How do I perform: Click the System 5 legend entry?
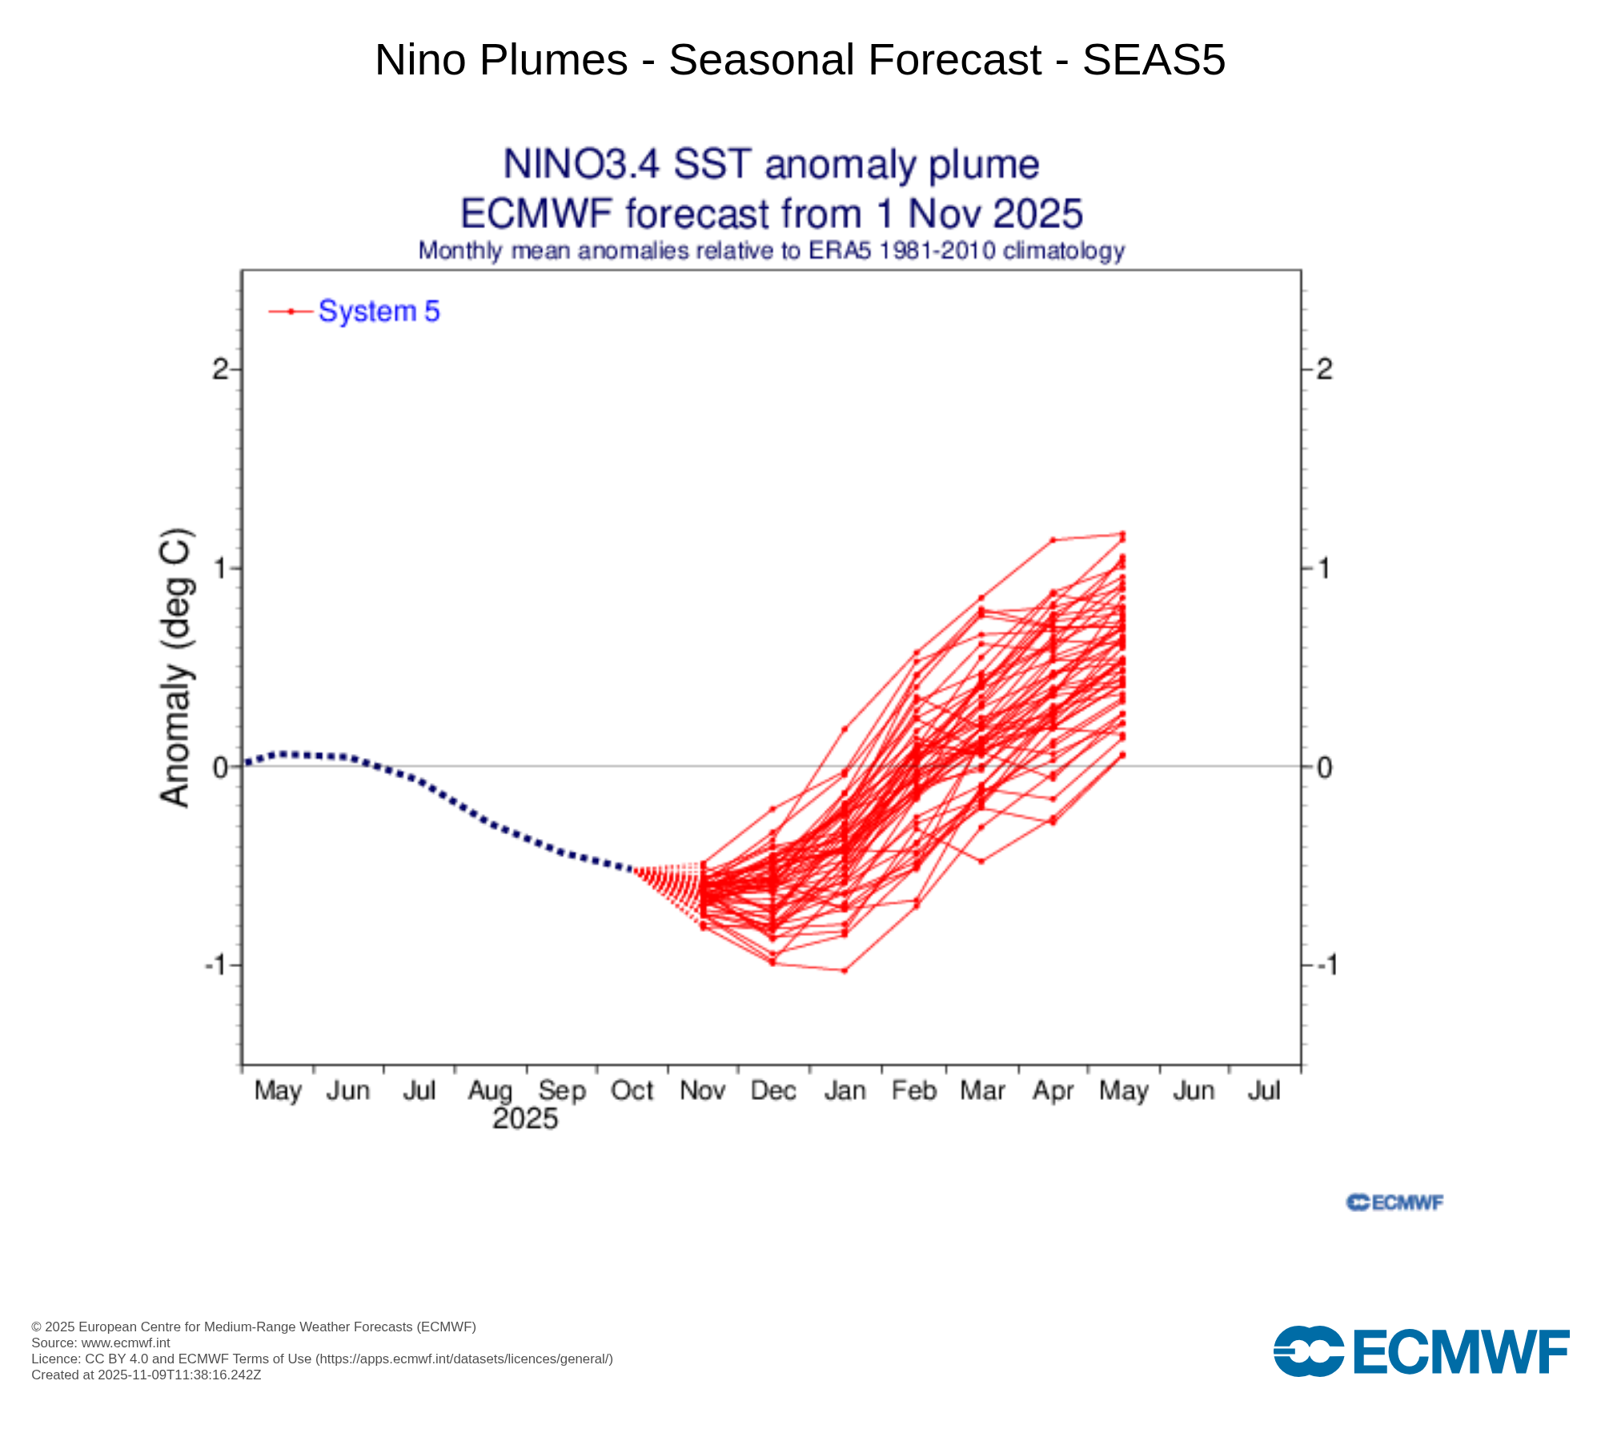coord(378,311)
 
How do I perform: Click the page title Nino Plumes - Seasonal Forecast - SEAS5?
coord(800,60)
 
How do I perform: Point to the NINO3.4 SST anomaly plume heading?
coord(771,165)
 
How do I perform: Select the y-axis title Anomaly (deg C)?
coord(175,668)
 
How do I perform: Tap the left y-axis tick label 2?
coord(220,369)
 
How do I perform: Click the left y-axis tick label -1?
coord(219,965)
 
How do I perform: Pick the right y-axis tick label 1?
coord(1325,568)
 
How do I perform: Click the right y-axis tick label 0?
coord(1325,767)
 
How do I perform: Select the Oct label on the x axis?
coord(632,1090)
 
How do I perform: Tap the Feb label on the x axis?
coord(914,1090)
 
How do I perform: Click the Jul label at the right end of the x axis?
coord(1264,1090)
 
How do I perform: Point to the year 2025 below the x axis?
coord(525,1118)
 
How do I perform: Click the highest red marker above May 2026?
coord(1122,534)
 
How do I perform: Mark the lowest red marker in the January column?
coord(845,970)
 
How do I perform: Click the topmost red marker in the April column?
coord(1053,540)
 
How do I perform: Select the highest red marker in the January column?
coord(845,729)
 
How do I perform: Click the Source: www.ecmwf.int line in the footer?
coord(101,1343)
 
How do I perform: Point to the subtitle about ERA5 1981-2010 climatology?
coord(771,251)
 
